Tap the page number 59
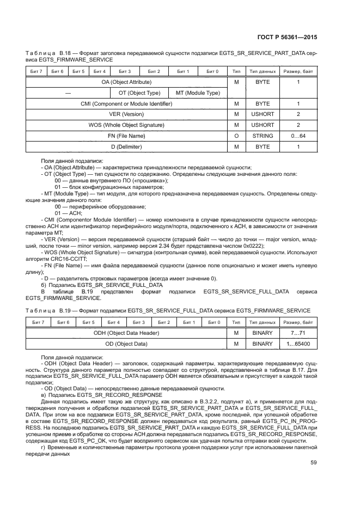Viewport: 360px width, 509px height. click(x=313, y=447)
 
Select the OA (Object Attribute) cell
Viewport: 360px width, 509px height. click(x=126, y=82)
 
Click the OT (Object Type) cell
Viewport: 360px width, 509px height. click(x=139, y=93)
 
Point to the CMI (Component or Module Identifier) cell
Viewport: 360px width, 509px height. click(x=126, y=103)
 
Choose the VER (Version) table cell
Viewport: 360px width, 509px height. click(x=126, y=114)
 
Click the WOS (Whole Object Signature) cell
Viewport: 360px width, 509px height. click(x=126, y=125)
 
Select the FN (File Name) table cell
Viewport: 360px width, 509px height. click(x=126, y=136)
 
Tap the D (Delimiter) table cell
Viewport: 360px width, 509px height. click(x=126, y=147)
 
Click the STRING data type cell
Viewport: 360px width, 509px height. click(x=263, y=136)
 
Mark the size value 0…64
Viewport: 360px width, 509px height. click(x=298, y=136)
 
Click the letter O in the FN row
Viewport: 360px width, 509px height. click(x=236, y=136)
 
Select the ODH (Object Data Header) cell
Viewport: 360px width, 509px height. click(x=126, y=333)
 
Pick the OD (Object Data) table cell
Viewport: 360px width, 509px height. click(x=126, y=344)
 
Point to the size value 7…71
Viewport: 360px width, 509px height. click(x=298, y=333)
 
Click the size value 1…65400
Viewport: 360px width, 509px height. click(x=298, y=344)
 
